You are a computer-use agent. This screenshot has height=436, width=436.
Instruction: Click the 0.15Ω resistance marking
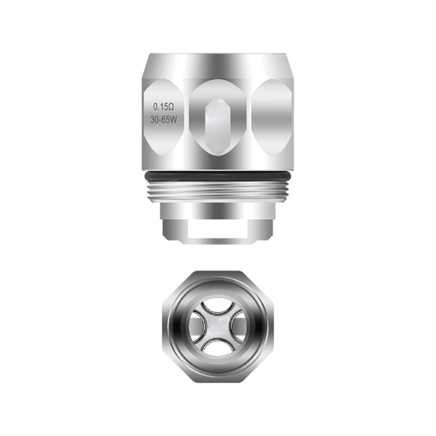click(x=164, y=106)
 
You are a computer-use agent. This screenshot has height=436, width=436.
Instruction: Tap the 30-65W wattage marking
click(x=163, y=120)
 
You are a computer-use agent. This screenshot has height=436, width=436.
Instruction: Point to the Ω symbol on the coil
click(x=171, y=106)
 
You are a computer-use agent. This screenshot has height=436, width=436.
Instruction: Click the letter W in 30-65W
click(x=173, y=120)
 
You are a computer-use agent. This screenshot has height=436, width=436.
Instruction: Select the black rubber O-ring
click(x=218, y=175)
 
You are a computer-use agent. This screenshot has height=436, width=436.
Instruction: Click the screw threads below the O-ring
click(x=218, y=192)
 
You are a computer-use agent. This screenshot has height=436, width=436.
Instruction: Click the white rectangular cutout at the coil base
click(x=218, y=228)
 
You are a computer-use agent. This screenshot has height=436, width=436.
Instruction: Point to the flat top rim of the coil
click(x=218, y=55)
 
